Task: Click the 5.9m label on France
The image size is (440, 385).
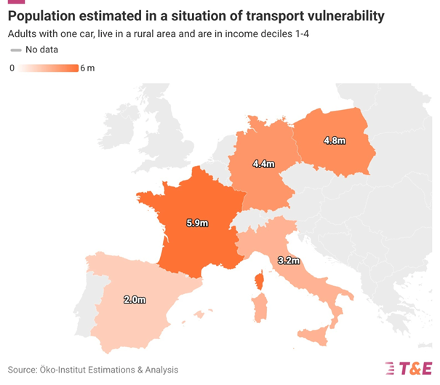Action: point(196,223)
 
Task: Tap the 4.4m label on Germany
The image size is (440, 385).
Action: point(263,164)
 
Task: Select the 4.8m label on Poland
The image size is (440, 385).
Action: point(335,139)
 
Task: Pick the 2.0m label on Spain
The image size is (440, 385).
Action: point(134,299)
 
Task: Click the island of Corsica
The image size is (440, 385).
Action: point(258,281)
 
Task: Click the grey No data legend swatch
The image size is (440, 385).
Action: point(15,49)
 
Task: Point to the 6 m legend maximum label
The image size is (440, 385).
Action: point(88,68)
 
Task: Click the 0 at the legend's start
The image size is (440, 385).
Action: point(12,68)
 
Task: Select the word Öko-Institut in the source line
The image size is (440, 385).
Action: point(66,370)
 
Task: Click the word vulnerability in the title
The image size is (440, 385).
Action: point(339,15)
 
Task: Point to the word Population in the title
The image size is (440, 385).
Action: point(43,15)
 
